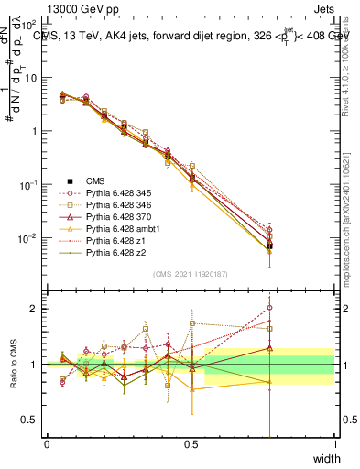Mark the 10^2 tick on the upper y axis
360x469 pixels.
[30, 23]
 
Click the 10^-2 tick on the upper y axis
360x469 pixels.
[30, 238]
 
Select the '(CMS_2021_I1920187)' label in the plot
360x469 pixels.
[191, 273]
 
